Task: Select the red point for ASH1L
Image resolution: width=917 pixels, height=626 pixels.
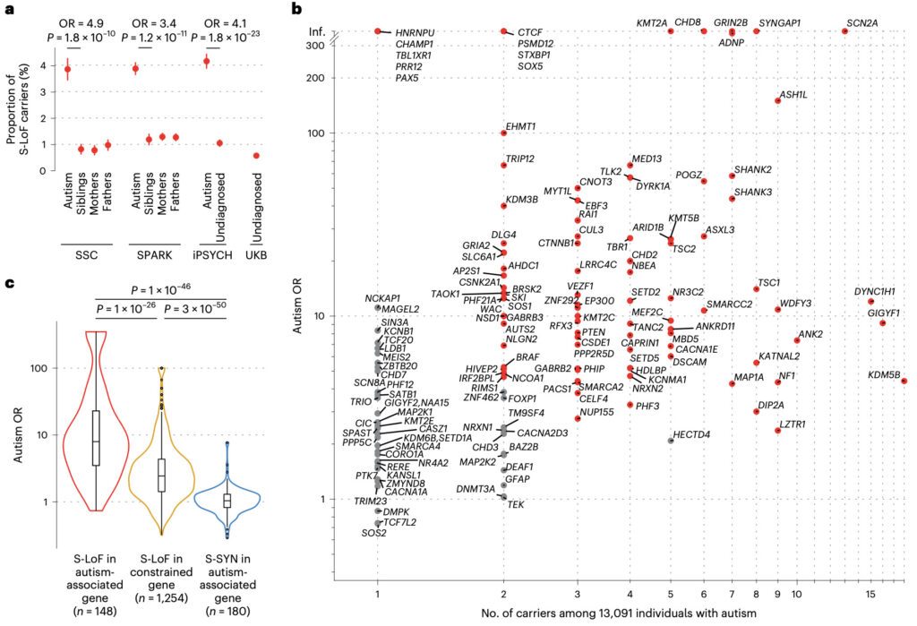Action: (777, 100)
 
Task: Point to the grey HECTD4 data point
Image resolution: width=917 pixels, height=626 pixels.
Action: (671, 441)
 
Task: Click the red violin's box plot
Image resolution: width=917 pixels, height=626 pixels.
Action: (96, 439)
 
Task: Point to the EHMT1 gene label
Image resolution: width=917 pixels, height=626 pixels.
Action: (521, 126)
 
